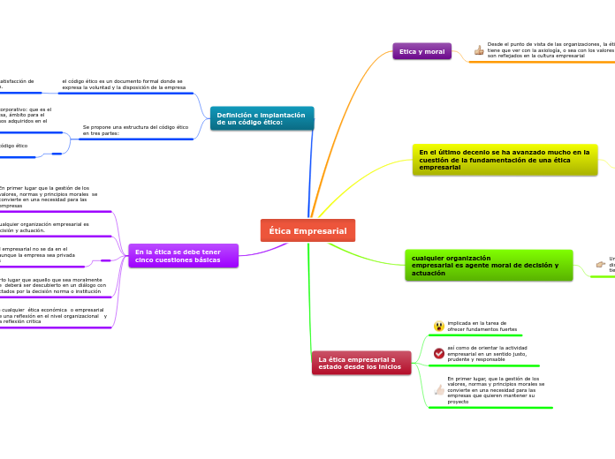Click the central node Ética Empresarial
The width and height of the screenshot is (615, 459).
point(307,230)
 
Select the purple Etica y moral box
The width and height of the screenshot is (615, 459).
point(421,52)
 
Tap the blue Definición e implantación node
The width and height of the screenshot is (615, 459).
point(262,118)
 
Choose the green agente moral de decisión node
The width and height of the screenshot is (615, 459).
point(489,266)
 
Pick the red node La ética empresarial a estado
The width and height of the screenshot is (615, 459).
point(361,363)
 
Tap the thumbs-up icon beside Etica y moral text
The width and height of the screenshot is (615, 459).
point(479,50)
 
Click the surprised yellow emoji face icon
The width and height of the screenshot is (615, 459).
point(439,327)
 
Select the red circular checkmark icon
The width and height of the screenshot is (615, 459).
point(439,353)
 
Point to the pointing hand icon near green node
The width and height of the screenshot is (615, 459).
point(601,264)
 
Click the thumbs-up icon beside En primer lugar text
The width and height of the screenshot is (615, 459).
point(439,390)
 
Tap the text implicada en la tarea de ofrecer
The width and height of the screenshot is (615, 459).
point(478,326)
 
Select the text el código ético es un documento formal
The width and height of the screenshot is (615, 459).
point(124,85)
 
